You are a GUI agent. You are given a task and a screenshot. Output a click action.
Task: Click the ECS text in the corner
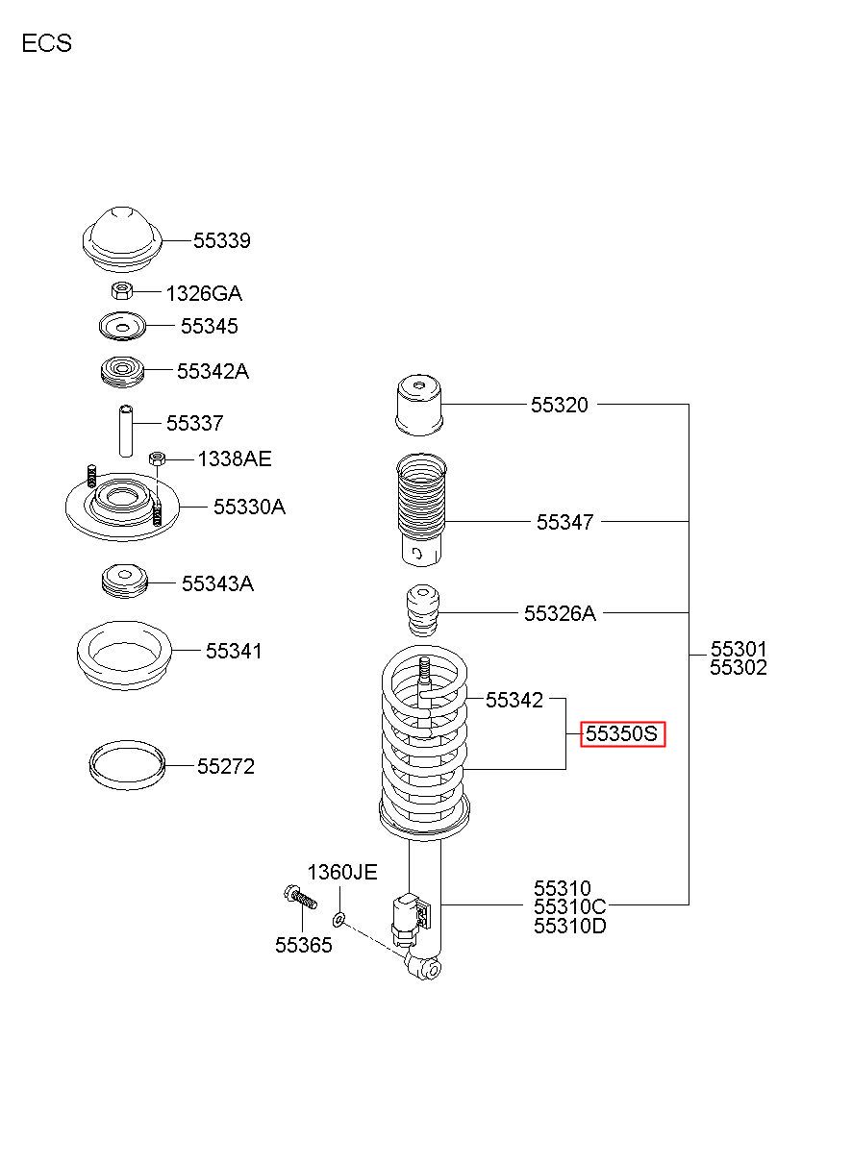coord(47,43)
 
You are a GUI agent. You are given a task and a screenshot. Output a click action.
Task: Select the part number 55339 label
coord(222,240)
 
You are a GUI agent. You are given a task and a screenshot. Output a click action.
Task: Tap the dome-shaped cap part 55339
coord(123,239)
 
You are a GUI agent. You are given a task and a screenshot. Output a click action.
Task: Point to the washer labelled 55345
coord(122,327)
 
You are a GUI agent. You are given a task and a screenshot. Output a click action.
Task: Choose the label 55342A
coord(213,371)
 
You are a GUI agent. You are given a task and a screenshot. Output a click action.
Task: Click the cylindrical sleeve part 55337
coord(126,431)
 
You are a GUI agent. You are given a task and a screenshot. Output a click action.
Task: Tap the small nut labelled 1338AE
coord(157,458)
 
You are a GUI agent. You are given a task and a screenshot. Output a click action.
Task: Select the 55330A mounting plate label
coord(249,507)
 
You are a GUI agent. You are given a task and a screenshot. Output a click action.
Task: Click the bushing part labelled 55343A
coord(124,582)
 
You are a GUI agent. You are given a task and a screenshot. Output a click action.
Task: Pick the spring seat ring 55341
coord(124,655)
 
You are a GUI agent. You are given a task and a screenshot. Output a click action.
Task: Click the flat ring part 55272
coord(127,765)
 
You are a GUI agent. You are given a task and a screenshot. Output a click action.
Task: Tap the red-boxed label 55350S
coord(622,733)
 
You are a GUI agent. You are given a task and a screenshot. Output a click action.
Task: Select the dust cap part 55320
coord(419,405)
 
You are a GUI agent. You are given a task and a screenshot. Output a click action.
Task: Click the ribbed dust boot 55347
coord(421,510)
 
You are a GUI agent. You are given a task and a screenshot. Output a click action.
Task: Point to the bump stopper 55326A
coord(422,611)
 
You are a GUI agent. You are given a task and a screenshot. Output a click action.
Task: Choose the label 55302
coord(739,668)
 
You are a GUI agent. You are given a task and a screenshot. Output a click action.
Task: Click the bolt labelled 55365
coord(301,898)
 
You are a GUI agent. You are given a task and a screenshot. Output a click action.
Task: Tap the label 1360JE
coord(342,872)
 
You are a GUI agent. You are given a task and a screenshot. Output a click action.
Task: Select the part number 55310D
coord(569,926)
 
